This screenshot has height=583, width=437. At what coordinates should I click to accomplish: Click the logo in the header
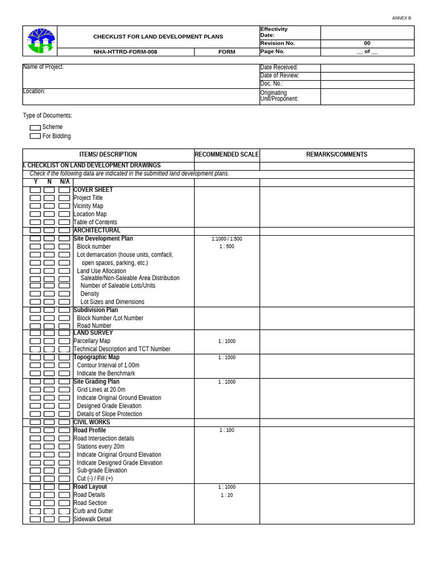point(41,40)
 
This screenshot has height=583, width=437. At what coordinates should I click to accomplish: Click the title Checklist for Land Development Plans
point(158,36)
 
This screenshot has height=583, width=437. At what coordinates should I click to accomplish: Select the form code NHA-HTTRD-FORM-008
point(125,52)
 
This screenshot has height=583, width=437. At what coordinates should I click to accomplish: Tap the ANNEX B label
point(401,18)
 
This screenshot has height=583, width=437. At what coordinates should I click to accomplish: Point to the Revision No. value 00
point(367,43)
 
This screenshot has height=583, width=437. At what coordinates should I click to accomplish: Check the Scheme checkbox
point(35,128)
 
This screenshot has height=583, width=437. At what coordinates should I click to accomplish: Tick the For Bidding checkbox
point(35,137)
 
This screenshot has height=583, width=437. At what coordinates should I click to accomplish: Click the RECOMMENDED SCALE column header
point(226,155)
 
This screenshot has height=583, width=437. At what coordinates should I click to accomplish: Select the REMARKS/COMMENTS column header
point(336,155)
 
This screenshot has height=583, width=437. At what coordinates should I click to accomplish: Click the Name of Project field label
point(43,67)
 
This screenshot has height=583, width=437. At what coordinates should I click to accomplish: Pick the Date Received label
point(279,68)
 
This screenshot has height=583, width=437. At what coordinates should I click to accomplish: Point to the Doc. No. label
point(271,84)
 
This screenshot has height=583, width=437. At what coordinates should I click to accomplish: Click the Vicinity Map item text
point(88,206)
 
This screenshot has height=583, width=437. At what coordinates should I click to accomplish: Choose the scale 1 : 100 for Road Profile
point(226,430)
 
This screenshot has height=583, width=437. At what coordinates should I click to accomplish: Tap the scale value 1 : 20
point(226,495)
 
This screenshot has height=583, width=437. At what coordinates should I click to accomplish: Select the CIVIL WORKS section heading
point(92,422)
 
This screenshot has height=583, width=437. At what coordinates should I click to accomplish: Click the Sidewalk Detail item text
point(92,519)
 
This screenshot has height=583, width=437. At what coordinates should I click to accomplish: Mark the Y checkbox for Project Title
point(35,198)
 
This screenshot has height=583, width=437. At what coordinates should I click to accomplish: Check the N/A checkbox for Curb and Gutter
point(64,511)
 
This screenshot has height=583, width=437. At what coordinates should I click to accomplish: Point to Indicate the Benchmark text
point(106,373)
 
